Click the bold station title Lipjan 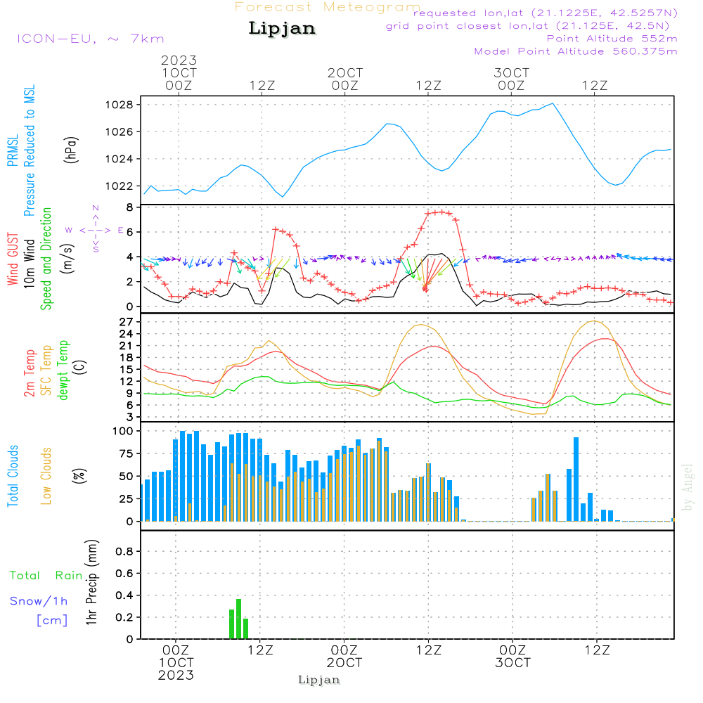coord(282,28)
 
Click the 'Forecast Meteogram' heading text coord(328,7)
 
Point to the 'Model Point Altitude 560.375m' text coord(576,51)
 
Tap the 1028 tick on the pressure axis coord(120,105)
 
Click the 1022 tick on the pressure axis coord(120,186)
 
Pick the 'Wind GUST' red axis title coord(13,260)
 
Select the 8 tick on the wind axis coord(129,207)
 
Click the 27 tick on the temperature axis coord(126,321)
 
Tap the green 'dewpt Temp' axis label coord(64,370)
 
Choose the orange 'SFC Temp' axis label coord(47,370)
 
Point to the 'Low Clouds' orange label coord(47,475)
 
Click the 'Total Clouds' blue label coord(13,475)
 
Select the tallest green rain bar coord(239,619)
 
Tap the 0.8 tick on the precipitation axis coord(124,552)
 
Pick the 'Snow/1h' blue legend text coord(39,601)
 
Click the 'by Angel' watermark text coord(688,487)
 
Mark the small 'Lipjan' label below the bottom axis coord(319,680)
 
